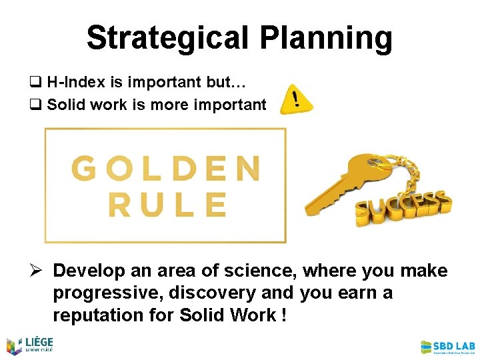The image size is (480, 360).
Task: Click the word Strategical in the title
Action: (169, 38)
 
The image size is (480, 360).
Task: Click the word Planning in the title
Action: (326, 38)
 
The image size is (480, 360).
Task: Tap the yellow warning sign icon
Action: (296, 99)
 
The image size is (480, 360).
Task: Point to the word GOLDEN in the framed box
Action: (165, 169)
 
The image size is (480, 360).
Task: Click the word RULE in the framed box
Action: (167, 205)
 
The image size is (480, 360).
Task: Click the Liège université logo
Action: (30, 345)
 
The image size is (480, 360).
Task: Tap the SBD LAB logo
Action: (447, 347)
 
